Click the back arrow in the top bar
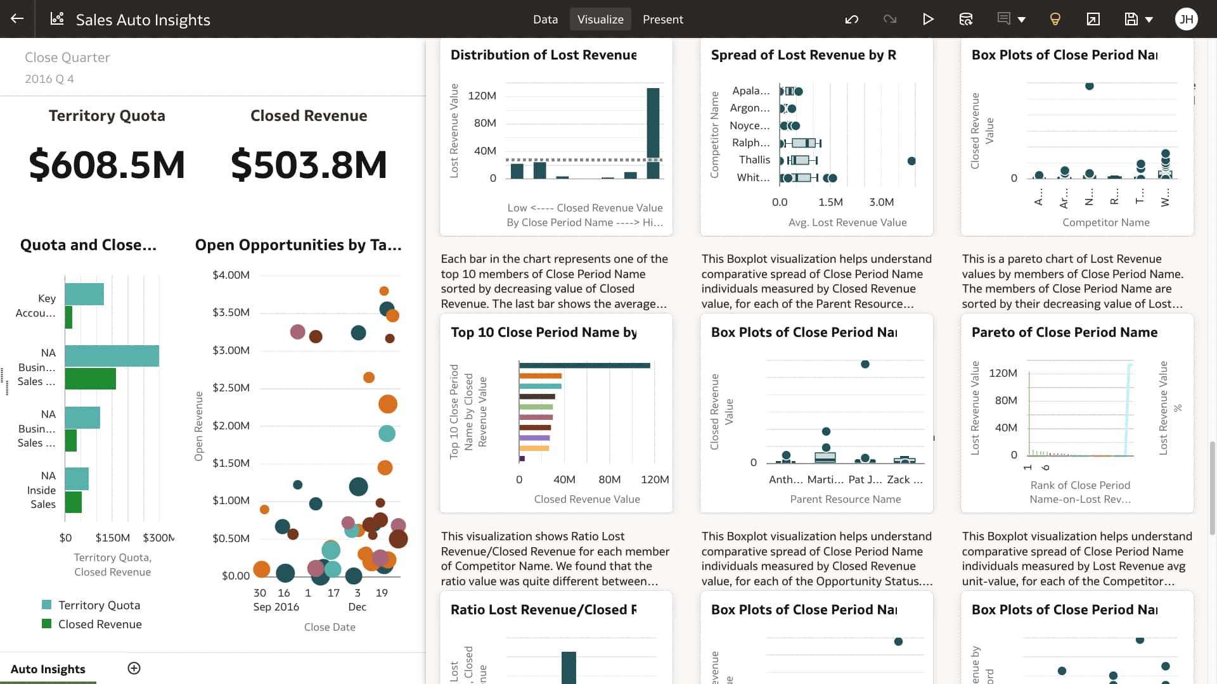pos(17,19)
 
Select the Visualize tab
pos(600,19)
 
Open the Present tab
pos(662,19)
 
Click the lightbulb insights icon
pos(1055,19)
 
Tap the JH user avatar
pos(1186,19)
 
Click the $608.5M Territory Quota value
pos(106,165)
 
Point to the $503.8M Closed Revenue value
pos(309,165)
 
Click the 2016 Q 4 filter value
pos(49,79)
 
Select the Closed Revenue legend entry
pos(100,624)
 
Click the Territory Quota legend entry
pos(99,605)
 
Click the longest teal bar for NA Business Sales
pos(112,356)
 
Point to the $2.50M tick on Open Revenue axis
pos(231,388)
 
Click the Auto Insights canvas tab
pos(48,669)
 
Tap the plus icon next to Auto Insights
pos(134,668)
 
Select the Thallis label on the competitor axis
pos(754,160)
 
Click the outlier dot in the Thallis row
pos(911,161)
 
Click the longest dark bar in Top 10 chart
pos(584,365)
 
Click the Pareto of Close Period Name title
pos(1064,332)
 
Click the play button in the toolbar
pos(928,19)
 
